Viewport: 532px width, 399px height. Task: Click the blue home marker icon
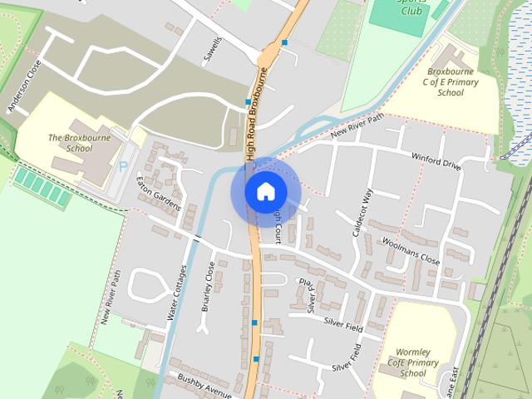tap(265, 191)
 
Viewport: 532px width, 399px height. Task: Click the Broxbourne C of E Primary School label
tap(451, 82)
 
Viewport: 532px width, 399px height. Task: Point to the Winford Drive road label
tap(436, 160)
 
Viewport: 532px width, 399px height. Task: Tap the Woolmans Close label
tap(410, 251)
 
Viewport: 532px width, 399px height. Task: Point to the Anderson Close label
tap(23, 86)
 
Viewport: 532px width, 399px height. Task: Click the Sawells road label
tap(214, 50)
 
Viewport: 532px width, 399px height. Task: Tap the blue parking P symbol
tap(123, 166)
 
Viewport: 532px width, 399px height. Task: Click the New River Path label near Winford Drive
tap(357, 126)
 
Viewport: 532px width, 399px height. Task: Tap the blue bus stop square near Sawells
tap(284, 42)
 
